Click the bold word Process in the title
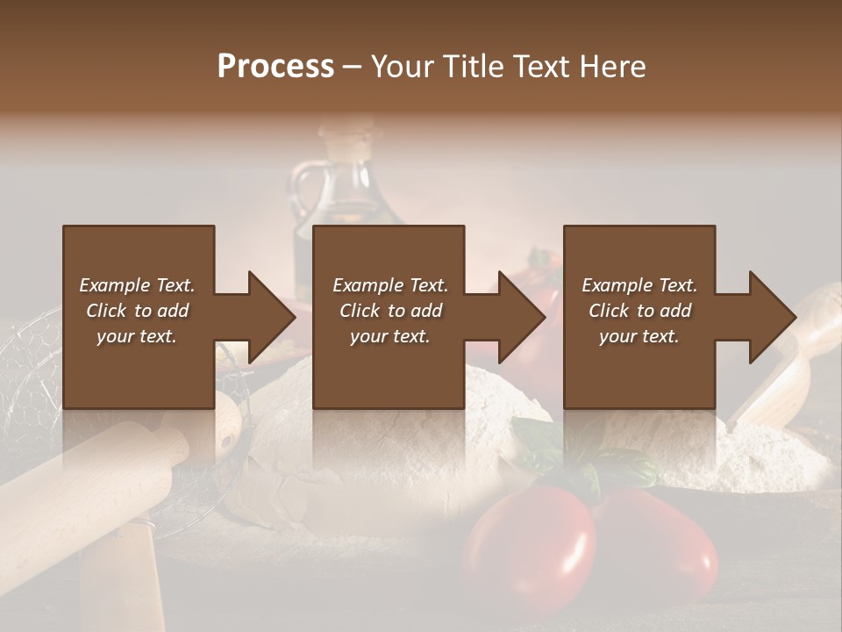tap(275, 66)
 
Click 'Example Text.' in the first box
tap(137, 285)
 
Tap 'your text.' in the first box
tap(137, 336)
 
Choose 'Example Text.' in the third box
tap(639, 285)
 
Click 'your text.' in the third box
tap(639, 336)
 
